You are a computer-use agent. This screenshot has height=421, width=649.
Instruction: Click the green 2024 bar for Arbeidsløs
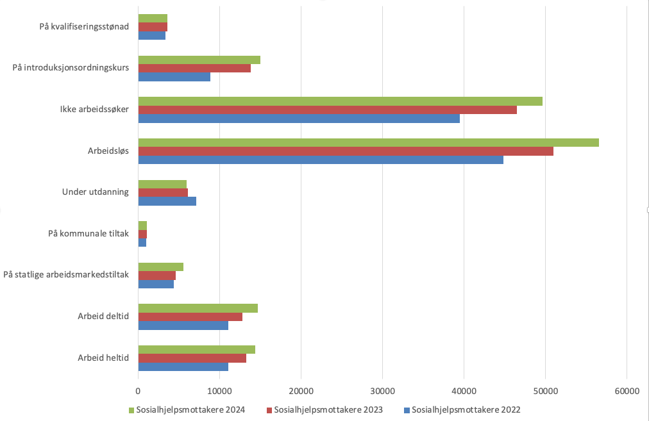point(368,142)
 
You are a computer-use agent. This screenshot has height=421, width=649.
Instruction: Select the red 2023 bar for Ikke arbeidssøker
point(327,110)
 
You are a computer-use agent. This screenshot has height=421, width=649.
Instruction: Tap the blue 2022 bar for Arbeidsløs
point(321,160)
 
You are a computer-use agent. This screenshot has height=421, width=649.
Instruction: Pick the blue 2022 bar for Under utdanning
point(167,201)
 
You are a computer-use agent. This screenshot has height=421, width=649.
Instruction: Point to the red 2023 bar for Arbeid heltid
point(192,358)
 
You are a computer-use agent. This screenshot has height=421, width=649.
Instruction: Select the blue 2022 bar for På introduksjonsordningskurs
point(174,77)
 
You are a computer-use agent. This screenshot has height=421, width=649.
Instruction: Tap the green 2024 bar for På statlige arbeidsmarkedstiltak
point(160,267)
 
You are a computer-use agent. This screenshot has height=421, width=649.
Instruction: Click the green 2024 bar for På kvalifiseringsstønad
point(153,18)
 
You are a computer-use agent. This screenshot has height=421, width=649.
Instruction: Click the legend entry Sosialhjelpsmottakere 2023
point(328,410)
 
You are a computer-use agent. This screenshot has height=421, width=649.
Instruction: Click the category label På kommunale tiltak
point(88,233)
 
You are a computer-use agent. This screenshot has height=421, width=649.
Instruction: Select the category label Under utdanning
point(96,192)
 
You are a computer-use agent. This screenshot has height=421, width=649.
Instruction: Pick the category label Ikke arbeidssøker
point(90,109)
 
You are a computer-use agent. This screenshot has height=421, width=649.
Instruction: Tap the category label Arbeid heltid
point(103,358)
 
